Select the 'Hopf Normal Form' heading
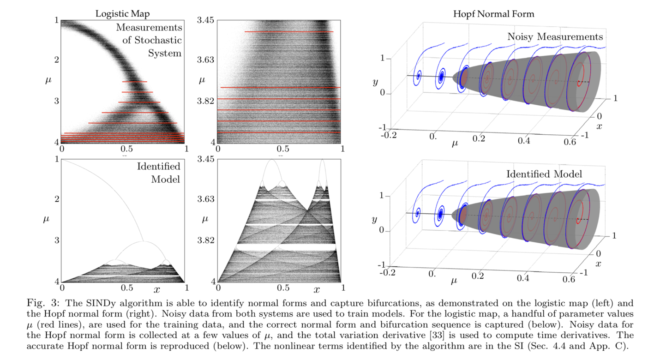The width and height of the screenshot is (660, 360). tap(493, 14)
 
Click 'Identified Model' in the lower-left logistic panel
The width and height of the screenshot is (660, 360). tap(159, 172)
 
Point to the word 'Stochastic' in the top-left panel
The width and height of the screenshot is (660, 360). tap(152, 40)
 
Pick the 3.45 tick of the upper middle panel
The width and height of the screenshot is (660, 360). tap(205, 20)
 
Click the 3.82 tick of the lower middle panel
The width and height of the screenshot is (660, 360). tap(205, 240)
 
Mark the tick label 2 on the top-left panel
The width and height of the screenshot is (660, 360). tap(56, 60)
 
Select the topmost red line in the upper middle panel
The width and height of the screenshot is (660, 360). tap(288, 32)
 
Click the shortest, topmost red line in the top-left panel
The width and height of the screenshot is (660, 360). tap(134, 82)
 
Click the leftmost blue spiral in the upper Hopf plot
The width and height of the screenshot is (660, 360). tap(419, 76)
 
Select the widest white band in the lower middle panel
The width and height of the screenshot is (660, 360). tap(286, 247)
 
